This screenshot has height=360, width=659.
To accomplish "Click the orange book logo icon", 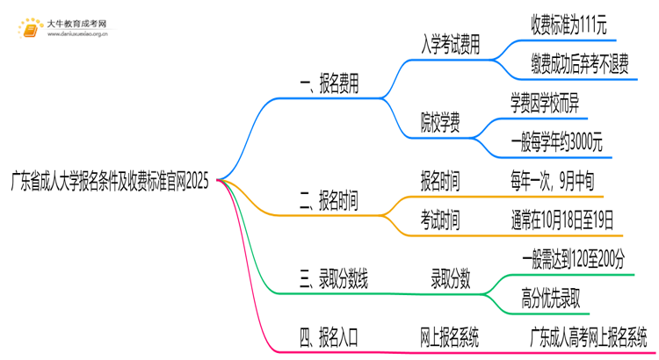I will click(x=30, y=29).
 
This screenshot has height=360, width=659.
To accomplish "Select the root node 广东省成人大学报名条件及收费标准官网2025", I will click(x=110, y=180).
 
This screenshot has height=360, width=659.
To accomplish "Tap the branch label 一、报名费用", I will click(x=329, y=85).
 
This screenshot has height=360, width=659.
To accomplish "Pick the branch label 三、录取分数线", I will click(x=334, y=281).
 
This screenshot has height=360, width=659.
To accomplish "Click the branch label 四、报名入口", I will click(x=329, y=335).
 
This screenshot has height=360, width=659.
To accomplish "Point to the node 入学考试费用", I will click(x=451, y=46).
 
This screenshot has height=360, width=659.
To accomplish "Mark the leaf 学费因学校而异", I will click(x=545, y=104).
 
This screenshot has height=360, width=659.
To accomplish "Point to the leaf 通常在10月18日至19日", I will click(x=561, y=220).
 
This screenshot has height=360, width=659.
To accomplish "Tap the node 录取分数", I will click(x=450, y=281).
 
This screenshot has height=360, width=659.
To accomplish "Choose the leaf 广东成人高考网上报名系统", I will click(x=588, y=335).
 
